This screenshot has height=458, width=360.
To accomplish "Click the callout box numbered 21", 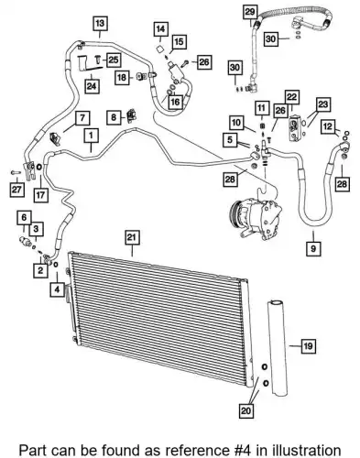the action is pyautogui.click(x=132, y=237).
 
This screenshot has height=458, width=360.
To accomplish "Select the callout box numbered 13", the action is pyautogui.click(x=100, y=23).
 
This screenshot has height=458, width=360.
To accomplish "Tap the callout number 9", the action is pyautogui.click(x=313, y=248).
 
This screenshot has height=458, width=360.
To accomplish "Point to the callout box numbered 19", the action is pyautogui.click(x=308, y=346).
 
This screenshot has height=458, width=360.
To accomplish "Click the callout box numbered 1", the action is pyautogui.click(x=91, y=136).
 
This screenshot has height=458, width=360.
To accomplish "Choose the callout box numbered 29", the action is pyautogui.click(x=250, y=12).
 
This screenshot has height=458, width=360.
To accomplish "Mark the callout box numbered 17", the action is pyautogui.click(x=41, y=194).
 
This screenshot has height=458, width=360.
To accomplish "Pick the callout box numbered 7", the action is pyautogui.click(x=82, y=118).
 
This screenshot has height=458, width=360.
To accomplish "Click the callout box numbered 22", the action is pyautogui.click(x=292, y=97).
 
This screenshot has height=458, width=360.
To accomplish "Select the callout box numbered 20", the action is pyautogui.click(x=245, y=410).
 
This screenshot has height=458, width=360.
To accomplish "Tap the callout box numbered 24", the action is pyautogui.click(x=92, y=86).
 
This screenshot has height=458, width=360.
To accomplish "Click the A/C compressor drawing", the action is pyautogui.click(x=256, y=218).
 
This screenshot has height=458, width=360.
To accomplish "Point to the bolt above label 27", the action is pyautogui.click(x=15, y=172).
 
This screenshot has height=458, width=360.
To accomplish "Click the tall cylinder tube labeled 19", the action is pyautogui.click(x=278, y=348).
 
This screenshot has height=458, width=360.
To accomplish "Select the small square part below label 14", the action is pyautogui.click(x=159, y=49).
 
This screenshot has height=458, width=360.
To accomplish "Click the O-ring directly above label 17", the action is pyautogui.click(x=39, y=167).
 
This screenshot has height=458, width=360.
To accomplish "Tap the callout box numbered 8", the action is pyautogui.click(x=114, y=117).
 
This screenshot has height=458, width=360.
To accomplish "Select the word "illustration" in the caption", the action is pyautogui.click(x=307, y=451).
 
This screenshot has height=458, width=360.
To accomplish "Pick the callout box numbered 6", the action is pyautogui.click(x=24, y=218).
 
